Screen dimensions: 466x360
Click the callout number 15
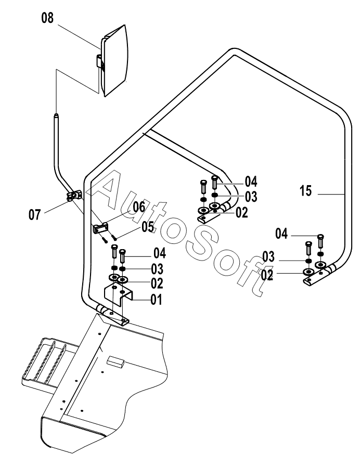(x=306, y=192)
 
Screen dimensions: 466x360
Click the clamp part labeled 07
(x=74, y=196)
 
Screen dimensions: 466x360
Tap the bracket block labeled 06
(x=100, y=228)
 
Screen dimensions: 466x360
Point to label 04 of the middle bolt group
(x=251, y=182)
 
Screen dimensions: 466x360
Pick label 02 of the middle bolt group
(x=241, y=212)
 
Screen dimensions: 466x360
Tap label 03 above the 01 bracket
(x=157, y=269)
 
